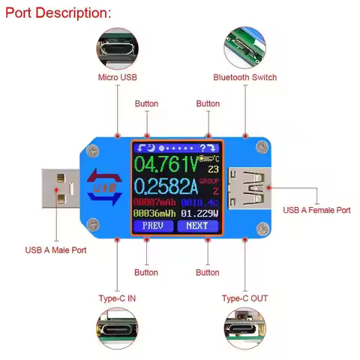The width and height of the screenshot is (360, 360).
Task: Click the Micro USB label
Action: (116, 77)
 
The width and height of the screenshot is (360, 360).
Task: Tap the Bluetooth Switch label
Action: (244, 77)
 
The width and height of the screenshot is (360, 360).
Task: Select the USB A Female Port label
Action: (316, 211)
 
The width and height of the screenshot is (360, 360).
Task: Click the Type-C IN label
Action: (117, 298)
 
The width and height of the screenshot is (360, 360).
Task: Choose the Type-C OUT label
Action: (244, 298)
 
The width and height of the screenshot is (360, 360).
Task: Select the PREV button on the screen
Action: (153, 225)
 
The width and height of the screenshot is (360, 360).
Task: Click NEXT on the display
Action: (197, 225)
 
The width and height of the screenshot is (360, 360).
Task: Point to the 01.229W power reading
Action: (199, 213)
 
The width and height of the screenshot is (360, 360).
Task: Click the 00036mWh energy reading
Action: (154, 213)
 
